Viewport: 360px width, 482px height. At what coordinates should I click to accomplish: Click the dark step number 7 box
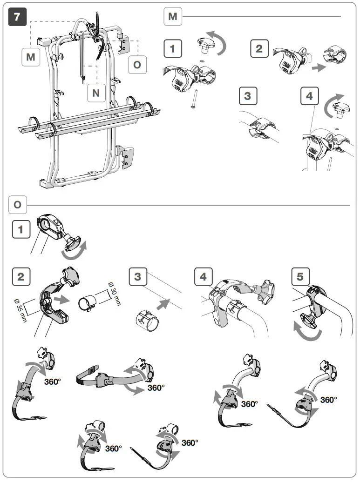click(18, 18)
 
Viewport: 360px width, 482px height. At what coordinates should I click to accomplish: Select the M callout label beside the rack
click(30, 58)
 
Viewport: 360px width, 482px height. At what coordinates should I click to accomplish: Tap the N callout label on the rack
click(96, 93)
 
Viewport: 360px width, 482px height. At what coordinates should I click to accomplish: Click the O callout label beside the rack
click(137, 64)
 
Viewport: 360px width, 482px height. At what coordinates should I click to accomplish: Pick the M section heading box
click(173, 17)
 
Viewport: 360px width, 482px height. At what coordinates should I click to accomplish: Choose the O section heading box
click(18, 204)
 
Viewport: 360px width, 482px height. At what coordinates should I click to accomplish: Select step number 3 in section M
click(247, 96)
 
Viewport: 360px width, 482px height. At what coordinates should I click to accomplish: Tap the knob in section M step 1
click(204, 47)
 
